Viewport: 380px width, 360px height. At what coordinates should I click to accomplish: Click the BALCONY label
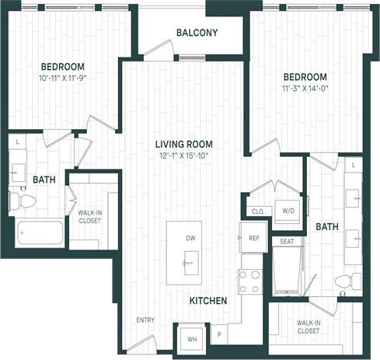tap(197, 33)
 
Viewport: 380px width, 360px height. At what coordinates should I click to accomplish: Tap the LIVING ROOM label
tap(183, 144)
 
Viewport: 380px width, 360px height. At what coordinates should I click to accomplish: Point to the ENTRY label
tap(145, 320)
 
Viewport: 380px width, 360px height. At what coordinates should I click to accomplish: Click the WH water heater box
tap(189, 337)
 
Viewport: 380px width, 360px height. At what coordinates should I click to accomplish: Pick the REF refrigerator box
tap(253, 238)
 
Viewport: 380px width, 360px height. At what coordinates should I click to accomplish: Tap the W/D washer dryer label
tap(288, 211)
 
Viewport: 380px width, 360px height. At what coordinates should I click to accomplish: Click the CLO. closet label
tap(258, 211)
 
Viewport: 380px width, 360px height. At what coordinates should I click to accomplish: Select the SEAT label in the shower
tap(287, 242)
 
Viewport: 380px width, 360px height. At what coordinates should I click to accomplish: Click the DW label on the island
tap(190, 238)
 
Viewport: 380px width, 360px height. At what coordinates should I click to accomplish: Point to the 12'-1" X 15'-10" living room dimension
tap(183, 156)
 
